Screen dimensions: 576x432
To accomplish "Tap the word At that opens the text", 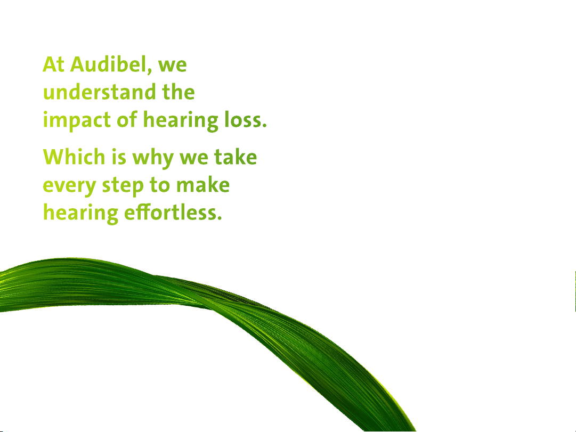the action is [x=54, y=64].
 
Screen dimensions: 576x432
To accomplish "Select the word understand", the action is [x=99, y=92].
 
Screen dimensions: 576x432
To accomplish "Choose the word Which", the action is [x=74, y=157].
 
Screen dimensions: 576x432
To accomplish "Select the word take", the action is [x=236, y=157].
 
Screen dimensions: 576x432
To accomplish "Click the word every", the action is [x=69, y=186].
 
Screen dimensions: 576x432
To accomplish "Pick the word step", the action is [x=123, y=186].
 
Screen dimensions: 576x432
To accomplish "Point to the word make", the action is [x=203, y=185].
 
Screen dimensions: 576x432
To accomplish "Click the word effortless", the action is [x=173, y=213].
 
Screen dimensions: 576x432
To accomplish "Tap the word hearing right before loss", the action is [x=181, y=120].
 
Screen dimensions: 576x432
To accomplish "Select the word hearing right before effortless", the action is [x=80, y=214].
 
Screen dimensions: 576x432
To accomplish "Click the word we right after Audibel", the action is [x=172, y=66].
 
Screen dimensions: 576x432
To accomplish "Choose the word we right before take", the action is [x=193, y=159].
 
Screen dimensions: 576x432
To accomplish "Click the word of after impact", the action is [x=127, y=120].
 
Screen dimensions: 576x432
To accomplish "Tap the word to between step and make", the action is [x=160, y=185].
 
